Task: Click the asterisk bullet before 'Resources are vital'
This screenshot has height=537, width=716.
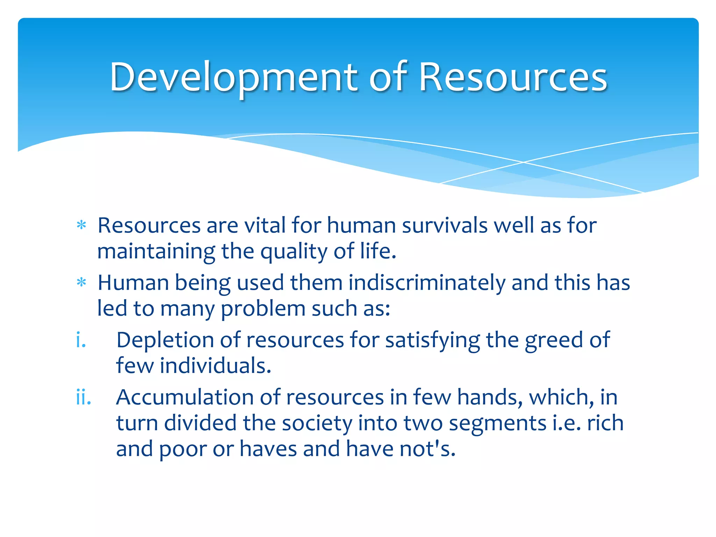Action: click(81, 225)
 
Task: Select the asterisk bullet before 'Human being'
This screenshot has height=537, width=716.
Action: click(81, 282)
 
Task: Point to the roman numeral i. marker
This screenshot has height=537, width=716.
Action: click(81, 340)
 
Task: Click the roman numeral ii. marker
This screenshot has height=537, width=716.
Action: click(84, 397)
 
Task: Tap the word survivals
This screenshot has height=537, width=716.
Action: click(445, 225)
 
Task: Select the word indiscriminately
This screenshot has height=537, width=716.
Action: click(427, 282)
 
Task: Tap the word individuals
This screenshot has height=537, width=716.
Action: click(216, 366)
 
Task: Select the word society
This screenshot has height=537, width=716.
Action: click(317, 423)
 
